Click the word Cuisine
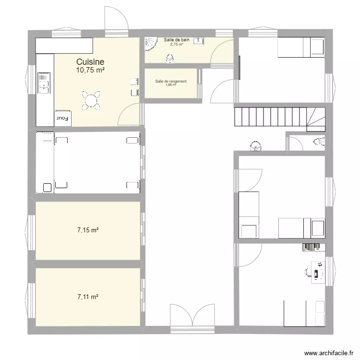(90, 62)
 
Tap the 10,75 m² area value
(90, 70)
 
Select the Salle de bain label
(176, 40)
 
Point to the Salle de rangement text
(170, 81)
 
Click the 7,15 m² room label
(88, 230)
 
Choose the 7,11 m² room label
(88, 297)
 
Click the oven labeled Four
(63, 118)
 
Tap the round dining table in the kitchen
(91, 100)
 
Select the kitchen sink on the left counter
(44, 81)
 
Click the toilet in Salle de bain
(169, 58)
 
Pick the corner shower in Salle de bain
(152, 45)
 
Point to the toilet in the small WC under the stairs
(319, 142)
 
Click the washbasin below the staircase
(256, 145)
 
